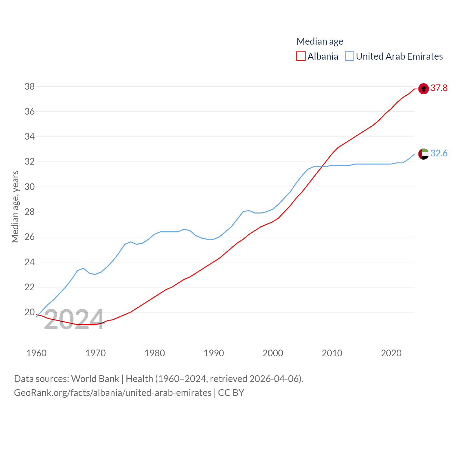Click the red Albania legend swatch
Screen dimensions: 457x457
pos(301,56)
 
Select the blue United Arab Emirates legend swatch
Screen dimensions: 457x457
pos(350,56)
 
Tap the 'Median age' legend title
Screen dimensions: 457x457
pos(320,41)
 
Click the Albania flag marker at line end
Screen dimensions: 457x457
pos(423,89)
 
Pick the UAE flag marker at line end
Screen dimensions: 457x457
pos(423,154)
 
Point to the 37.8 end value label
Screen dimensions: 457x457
pos(439,88)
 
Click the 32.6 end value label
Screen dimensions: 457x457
pos(439,153)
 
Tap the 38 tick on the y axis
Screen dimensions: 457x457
pos(30,86)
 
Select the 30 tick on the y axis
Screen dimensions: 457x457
pos(30,187)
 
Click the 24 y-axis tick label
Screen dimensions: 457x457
pos(30,262)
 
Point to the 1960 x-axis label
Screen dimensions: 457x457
pos(36,353)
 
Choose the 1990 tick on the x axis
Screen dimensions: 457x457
pos(214,353)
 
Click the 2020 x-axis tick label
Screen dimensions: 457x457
pos(391,353)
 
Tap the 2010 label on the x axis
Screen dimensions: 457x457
pos(332,353)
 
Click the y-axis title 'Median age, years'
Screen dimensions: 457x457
pos(15,206)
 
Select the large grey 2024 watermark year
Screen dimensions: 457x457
pos(74,319)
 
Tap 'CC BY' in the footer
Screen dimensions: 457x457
pos(231,393)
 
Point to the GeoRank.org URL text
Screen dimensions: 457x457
pos(112,393)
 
